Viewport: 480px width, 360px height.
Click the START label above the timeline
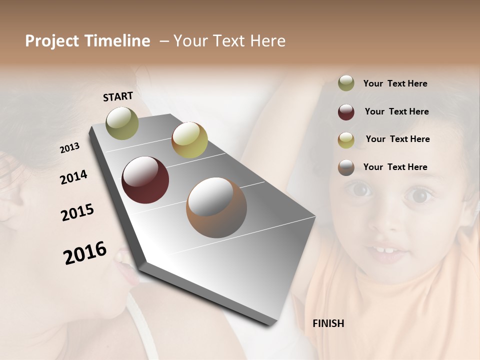pyautogui.click(x=118, y=96)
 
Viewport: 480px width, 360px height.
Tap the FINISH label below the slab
pyautogui.click(x=328, y=323)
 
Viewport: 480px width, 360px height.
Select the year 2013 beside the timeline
pyautogui.click(x=69, y=148)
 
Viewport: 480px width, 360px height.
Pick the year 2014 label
pyautogui.click(x=73, y=177)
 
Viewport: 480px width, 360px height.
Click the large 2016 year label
pyautogui.click(x=85, y=252)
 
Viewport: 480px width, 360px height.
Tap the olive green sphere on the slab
pyautogui.click(x=122, y=123)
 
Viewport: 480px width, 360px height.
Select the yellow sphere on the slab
pyautogui.click(x=189, y=140)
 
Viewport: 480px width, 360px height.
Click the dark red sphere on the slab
pyautogui.click(x=145, y=180)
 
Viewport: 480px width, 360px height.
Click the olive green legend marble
pyautogui.click(x=346, y=83)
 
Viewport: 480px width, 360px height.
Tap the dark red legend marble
pyautogui.click(x=346, y=111)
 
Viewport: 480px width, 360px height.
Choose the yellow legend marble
pyautogui.click(x=346, y=140)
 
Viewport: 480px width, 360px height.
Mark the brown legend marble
pyautogui.click(x=346, y=167)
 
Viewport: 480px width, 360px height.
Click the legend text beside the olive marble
pyautogui.click(x=395, y=83)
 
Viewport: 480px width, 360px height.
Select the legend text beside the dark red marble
pyautogui.click(x=396, y=111)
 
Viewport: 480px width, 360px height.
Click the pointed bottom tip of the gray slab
pyautogui.click(x=272, y=323)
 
